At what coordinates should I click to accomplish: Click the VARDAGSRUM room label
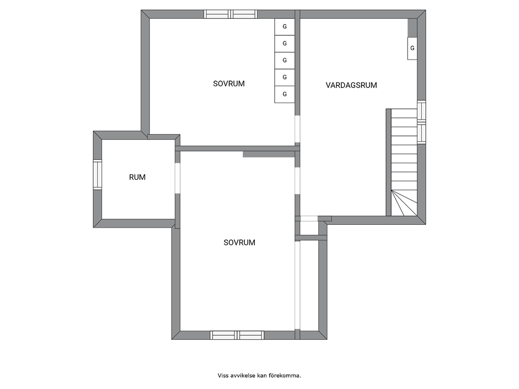(x=351, y=85)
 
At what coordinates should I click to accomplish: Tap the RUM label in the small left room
(x=137, y=177)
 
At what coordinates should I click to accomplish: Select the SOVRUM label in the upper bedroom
(x=229, y=84)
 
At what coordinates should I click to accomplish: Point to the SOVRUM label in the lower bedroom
(x=239, y=243)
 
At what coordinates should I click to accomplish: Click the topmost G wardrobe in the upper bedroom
(x=285, y=27)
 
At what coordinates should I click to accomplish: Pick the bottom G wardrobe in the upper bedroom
(x=285, y=94)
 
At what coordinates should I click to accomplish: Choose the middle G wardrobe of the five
(x=285, y=60)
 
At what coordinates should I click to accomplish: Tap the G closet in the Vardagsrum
(x=412, y=48)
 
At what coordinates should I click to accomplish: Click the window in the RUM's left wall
(x=97, y=175)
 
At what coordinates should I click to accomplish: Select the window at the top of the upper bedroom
(x=230, y=14)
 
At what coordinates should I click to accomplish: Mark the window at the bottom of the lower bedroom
(x=237, y=335)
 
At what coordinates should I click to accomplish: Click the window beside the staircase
(x=421, y=122)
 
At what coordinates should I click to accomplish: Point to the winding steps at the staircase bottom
(x=404, y=203)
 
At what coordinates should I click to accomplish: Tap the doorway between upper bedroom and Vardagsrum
(x=297, y=129)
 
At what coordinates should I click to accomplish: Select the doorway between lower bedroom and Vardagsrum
(x=297, y=180)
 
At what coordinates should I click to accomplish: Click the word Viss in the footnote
(x=221, y=375)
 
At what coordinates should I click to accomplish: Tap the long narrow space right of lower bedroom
(x=309, y=285)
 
